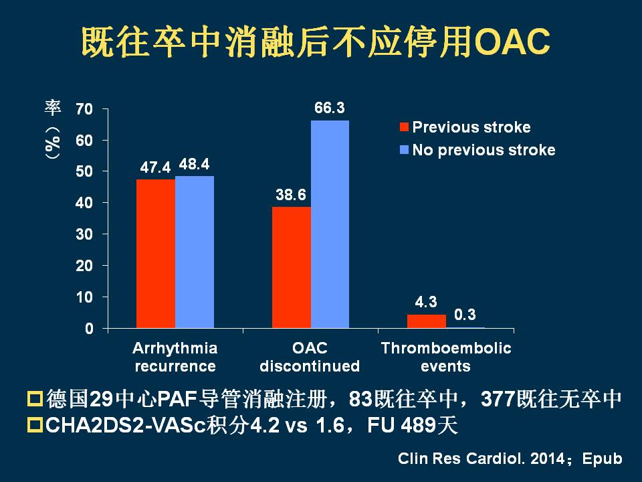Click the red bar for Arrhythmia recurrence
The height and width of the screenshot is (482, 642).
[156, 254]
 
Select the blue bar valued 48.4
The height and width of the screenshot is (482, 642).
[195, 252]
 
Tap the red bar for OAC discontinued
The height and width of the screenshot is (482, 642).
[292, 267]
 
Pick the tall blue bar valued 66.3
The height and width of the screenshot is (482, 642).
[330, 224]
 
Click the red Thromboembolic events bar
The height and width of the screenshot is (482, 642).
[426, 321]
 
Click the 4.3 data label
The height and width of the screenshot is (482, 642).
[426, 302]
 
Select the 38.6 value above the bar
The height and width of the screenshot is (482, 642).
[292, 195]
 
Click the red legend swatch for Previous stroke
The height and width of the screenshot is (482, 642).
[403, 127]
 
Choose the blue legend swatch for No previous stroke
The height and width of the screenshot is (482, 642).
[403, 150]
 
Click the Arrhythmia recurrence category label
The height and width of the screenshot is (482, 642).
[175, 357]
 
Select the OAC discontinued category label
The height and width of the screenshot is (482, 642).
[310, 357]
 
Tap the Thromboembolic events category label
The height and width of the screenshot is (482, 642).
[446, 357]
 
